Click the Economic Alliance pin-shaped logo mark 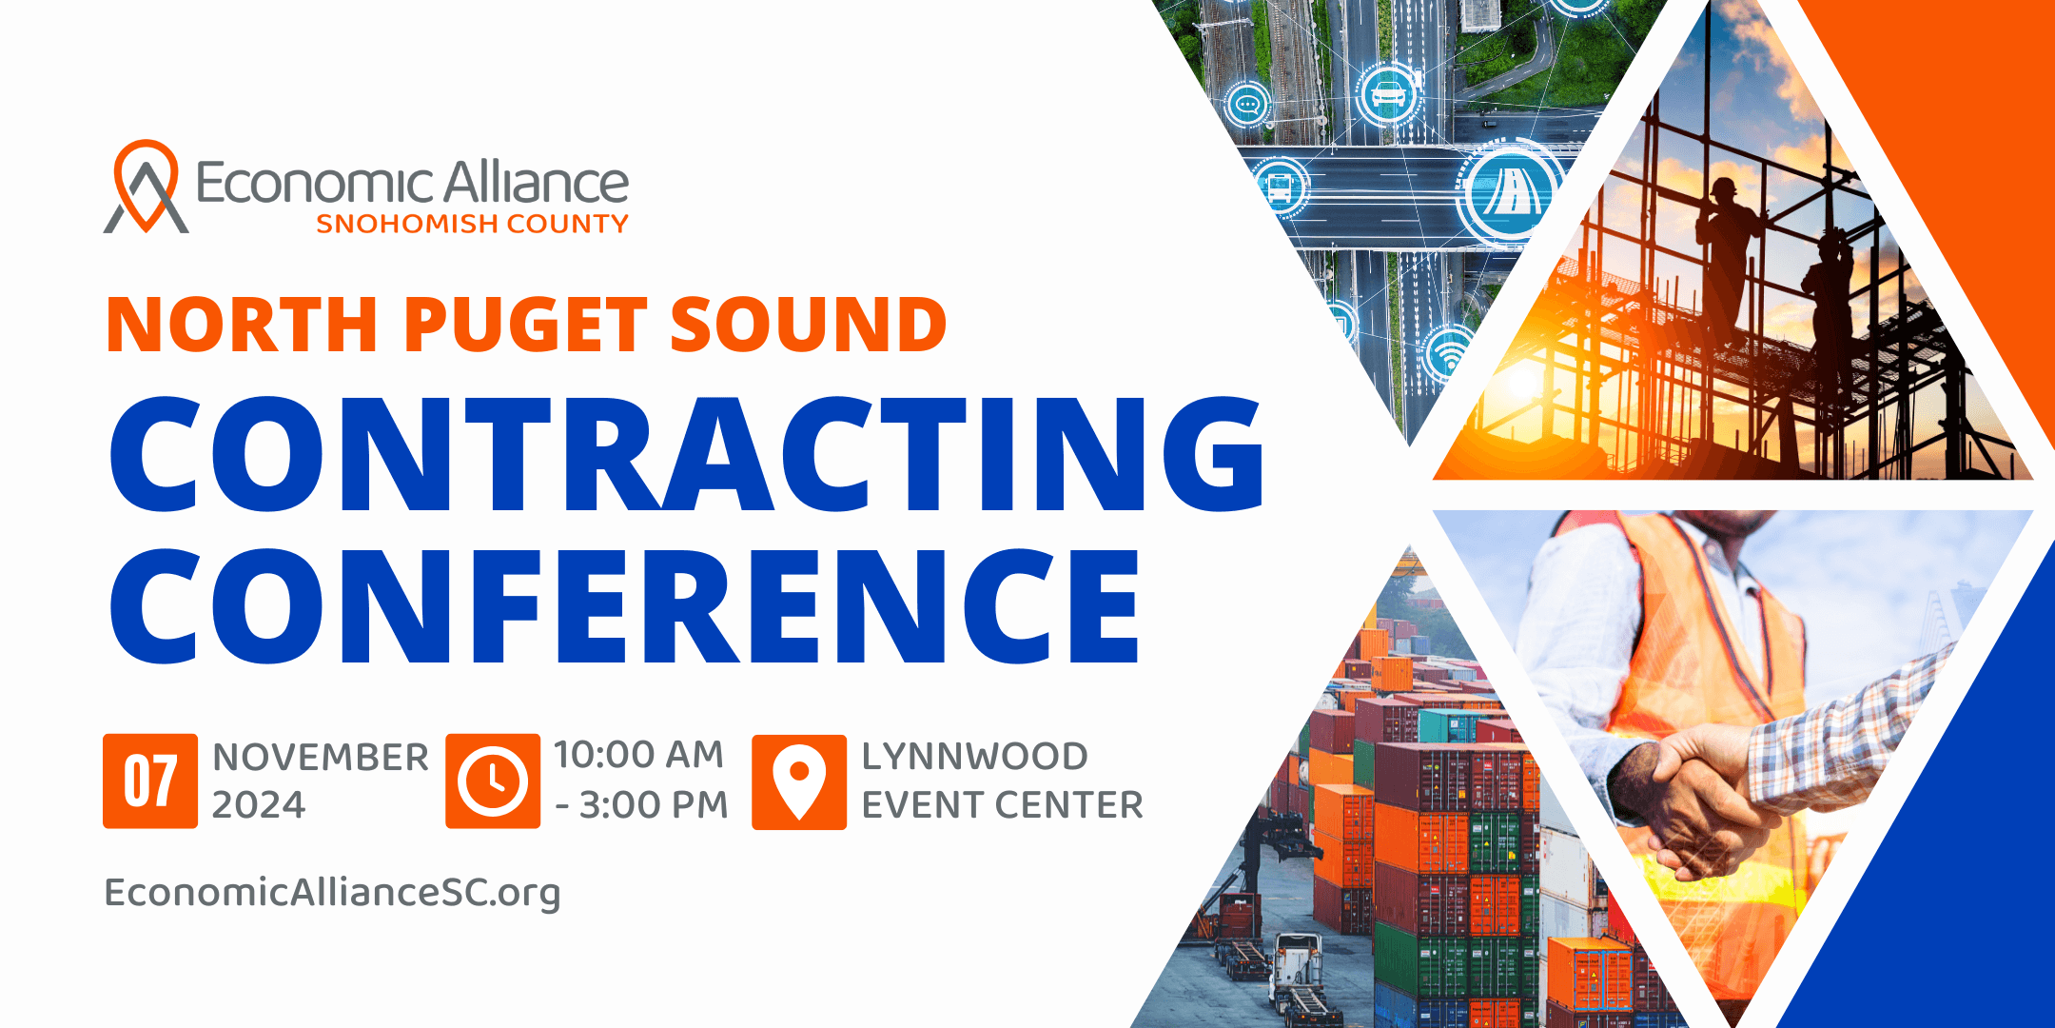146,186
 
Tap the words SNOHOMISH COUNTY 472,224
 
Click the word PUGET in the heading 526,325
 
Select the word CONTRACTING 687,454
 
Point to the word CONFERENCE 624,606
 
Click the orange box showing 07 150,781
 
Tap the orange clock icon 493,781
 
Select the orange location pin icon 799,781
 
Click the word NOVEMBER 321,758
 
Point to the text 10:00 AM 639,755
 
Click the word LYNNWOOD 975,757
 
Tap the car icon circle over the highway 1389,94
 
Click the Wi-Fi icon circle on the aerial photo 1449,354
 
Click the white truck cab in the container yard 1295,959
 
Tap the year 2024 259,805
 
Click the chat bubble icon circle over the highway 1249,104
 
